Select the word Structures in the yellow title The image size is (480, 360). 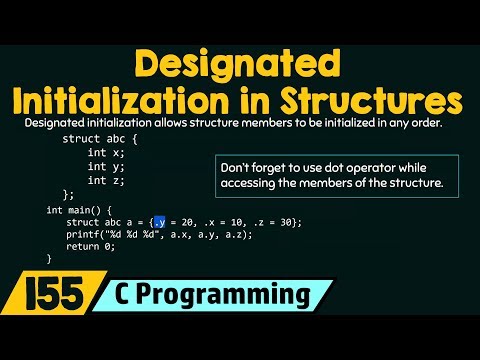(370, 101)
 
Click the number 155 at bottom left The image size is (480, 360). (42, 298)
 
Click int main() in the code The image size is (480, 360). (74, 208)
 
